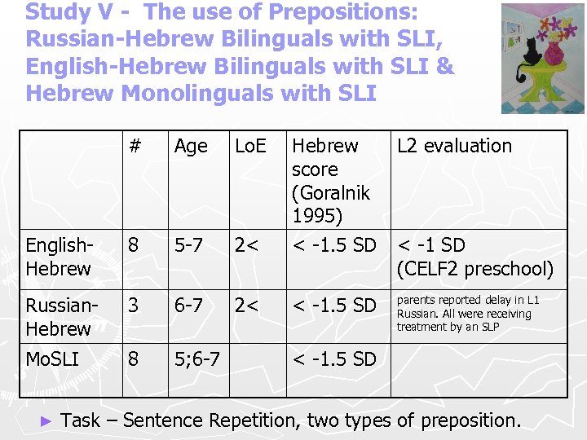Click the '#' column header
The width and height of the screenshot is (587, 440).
(x=135, y=147)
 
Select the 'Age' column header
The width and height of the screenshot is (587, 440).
(x=191, y=147)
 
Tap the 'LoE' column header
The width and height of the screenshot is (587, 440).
(x=250, y=147)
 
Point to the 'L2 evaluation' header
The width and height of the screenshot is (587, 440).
(x=454, y=147)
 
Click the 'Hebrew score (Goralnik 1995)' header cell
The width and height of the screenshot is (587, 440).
(x=331, y=181)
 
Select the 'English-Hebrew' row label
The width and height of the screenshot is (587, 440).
(x=58, y=257)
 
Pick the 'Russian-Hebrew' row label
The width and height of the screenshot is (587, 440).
(x=58, y=317)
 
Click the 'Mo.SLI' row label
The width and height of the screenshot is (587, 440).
(x=52, y=359)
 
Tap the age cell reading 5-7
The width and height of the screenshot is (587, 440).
(x=190, y=245)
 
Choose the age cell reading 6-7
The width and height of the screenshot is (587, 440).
(x=190, y=306)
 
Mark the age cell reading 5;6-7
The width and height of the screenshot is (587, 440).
(x=196, y=359)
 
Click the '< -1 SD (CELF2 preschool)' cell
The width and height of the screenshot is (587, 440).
(x=474, y=257)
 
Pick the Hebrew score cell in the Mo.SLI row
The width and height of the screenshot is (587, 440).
(x=334, y=359)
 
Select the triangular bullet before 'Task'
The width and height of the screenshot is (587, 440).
(x=46, y=421)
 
